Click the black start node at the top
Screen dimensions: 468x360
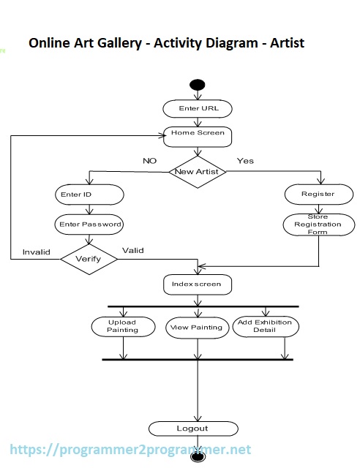click(197, 85)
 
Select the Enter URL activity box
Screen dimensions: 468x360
click(198, 108)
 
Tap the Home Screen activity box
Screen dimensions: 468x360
click(198, 134)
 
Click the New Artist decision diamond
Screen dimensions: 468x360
click(198, 172)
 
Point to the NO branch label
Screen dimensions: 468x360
click(150, 160)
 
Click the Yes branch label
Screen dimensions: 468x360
click(245, 160)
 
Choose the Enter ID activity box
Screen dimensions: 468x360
click(88, 195)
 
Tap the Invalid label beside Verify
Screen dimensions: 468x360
click(36, 252)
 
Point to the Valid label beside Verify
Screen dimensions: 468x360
click(132, 250)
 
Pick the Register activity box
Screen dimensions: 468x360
click(318, 194)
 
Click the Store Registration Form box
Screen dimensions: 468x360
click(318, 224)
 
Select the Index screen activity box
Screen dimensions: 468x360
click(197, 284)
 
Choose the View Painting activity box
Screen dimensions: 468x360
click(195, 327)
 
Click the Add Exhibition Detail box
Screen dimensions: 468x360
click(265, 326)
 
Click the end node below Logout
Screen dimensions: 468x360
click(197, 456)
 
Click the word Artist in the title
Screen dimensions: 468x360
click(285, 43)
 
